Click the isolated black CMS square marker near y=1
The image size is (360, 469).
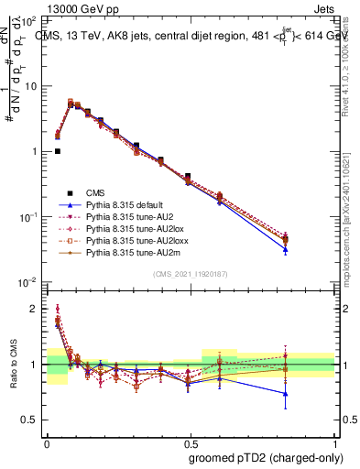click(x=58, y=151)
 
